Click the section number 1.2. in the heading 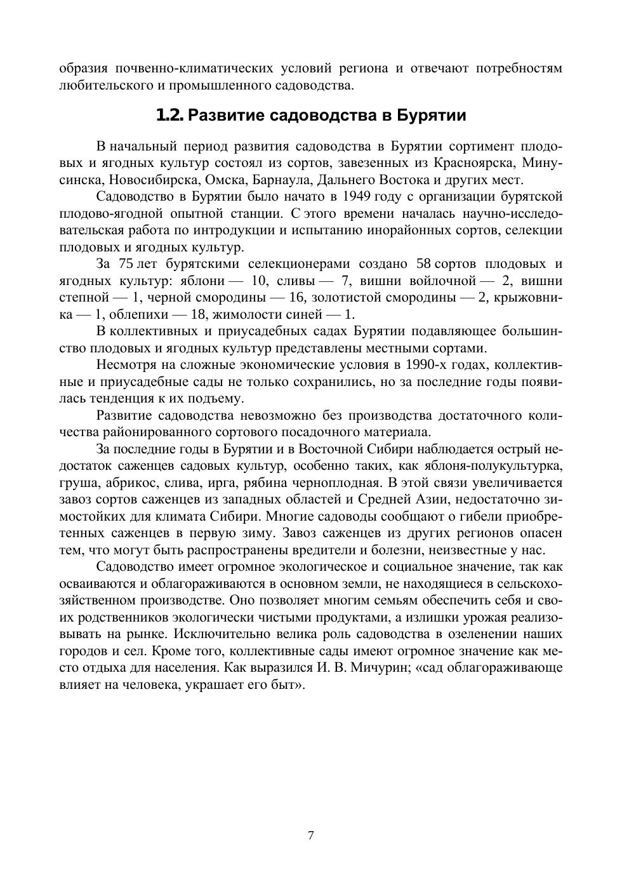coord(169,116)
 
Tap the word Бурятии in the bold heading coord(432,116)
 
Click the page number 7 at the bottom coord(310,836)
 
